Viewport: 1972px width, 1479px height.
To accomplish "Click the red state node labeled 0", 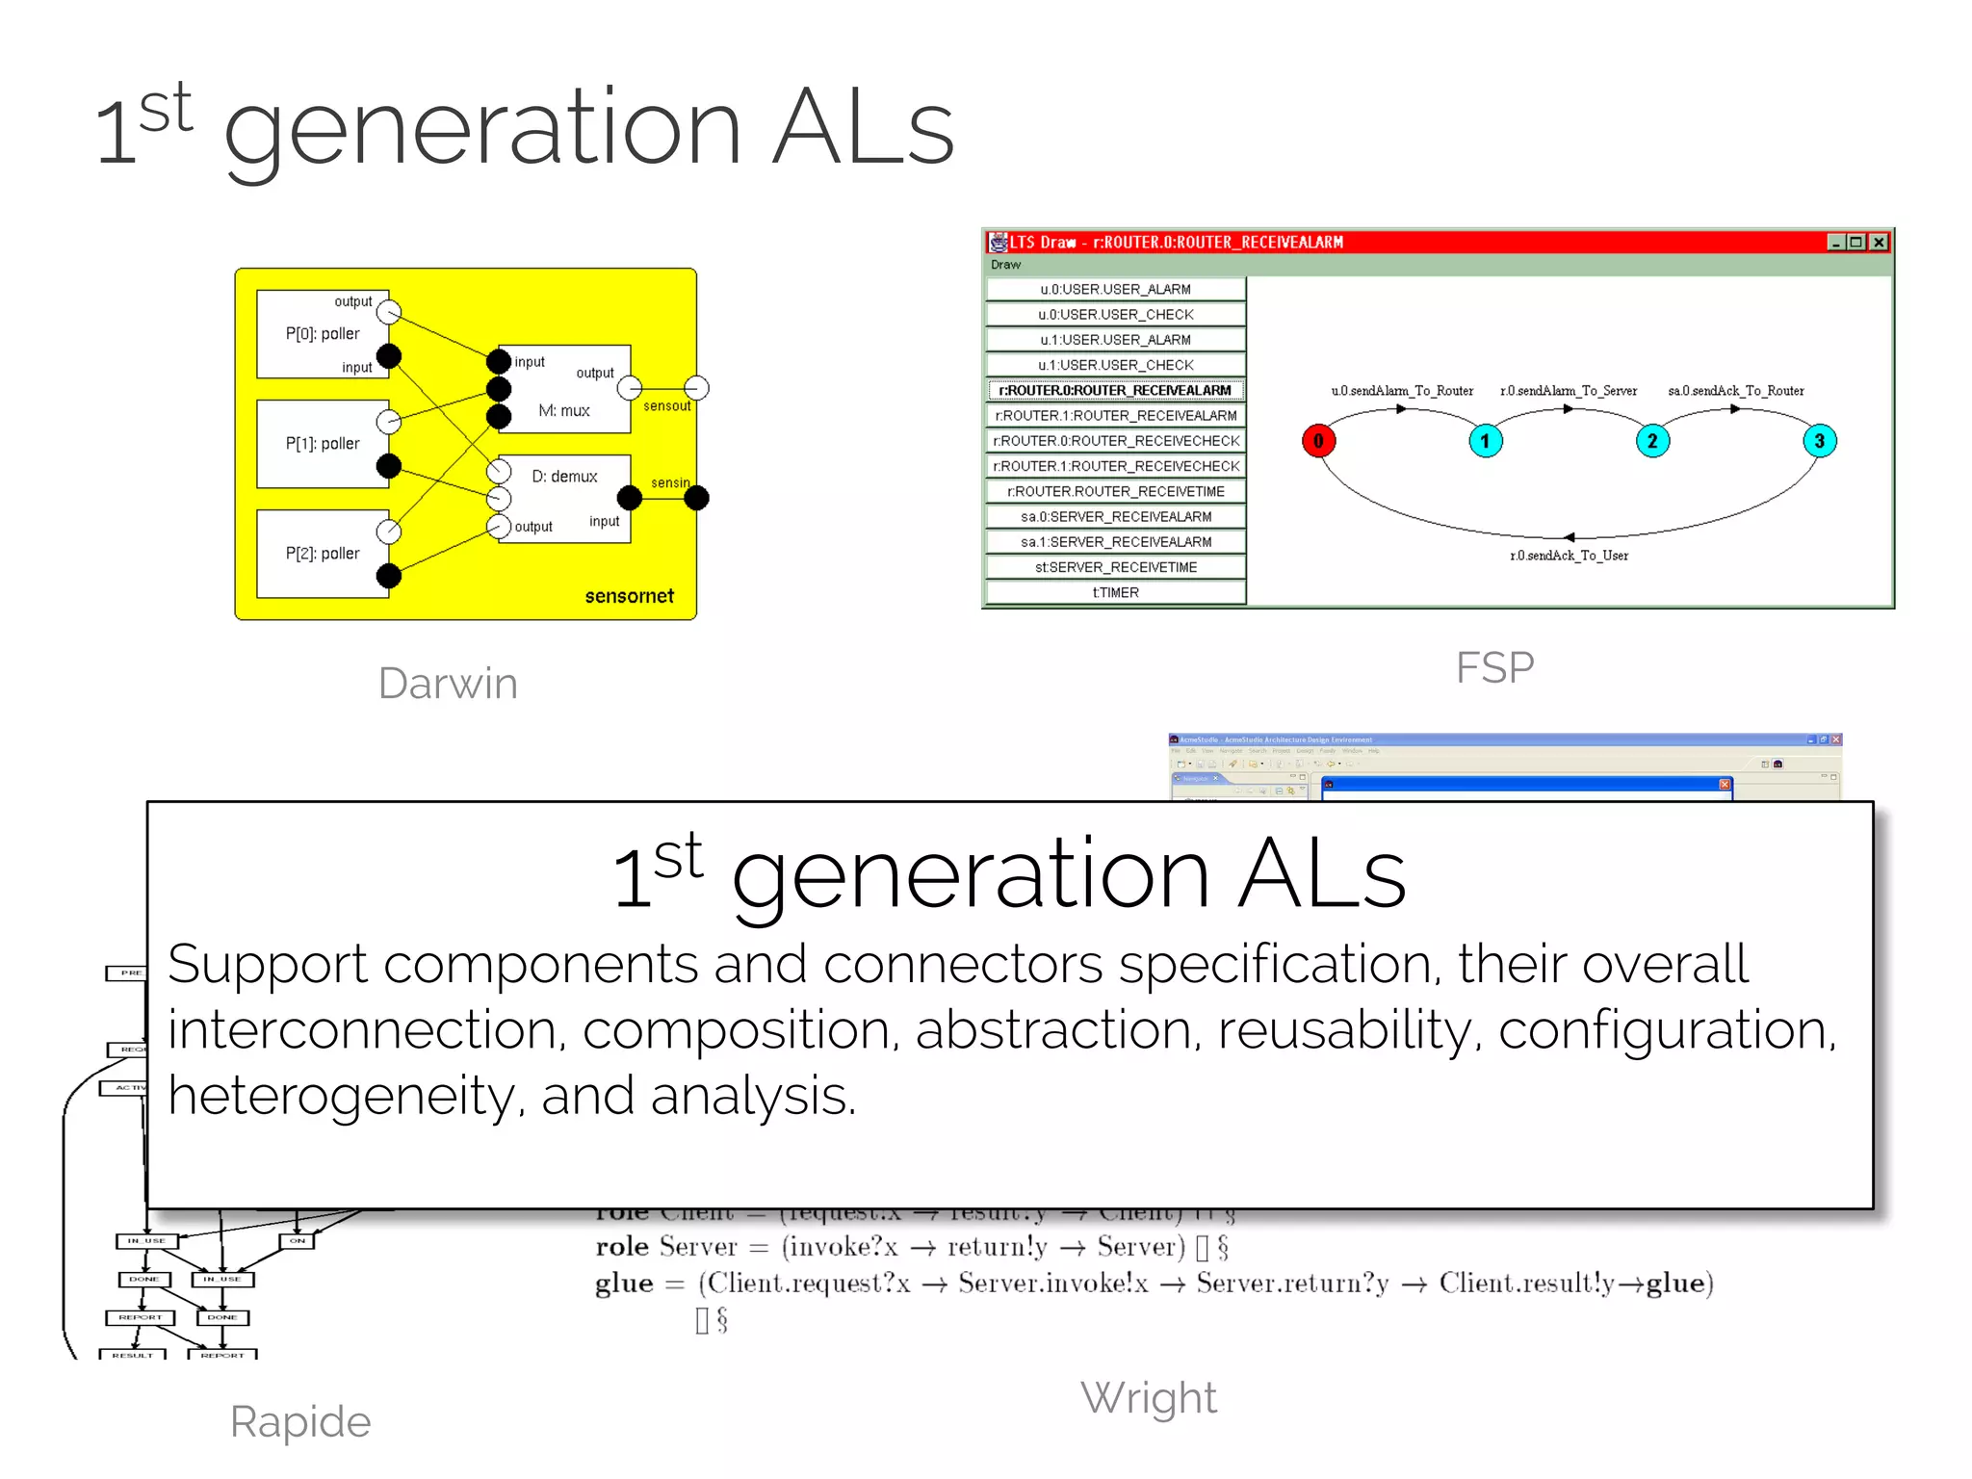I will (x=1318, y=441).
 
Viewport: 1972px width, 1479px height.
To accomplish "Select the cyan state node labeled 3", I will (x=1819, y=441).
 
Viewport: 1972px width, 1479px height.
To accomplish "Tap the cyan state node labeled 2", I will (x=1652, y=441).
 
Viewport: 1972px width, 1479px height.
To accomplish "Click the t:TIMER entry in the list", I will (x=1115, y=593).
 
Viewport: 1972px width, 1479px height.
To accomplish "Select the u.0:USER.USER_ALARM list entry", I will (x=1115, y=289).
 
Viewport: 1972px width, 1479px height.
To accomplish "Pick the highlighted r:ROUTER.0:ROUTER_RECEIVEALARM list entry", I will (x=1115, y=390).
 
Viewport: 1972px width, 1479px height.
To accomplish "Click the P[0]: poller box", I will (x=322, y=334).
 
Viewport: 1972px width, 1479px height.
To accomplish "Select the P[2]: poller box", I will (x=322, y=554).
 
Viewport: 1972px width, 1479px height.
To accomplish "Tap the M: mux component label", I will (x=564, y=411).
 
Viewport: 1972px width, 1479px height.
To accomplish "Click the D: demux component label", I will (x=564, y=477).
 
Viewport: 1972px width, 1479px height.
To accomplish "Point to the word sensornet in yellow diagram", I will (x=629, y=596).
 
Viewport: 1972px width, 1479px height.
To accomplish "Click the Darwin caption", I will (x=448, y=684).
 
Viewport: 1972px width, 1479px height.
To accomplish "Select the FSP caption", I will (x=1494, y=667).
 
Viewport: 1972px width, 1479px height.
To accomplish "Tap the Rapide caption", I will (x=300, y=1422).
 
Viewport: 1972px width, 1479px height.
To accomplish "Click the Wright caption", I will (x=1149, y=1398).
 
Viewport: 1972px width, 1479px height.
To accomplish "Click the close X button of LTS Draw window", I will (x=1879, y=243).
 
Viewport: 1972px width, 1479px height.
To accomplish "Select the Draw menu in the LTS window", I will (x=1005, y=265).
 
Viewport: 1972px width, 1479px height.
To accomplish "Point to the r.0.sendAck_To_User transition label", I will (x=1569, y=556).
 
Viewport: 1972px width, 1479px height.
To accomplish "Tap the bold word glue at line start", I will (x=624, y=1284).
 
